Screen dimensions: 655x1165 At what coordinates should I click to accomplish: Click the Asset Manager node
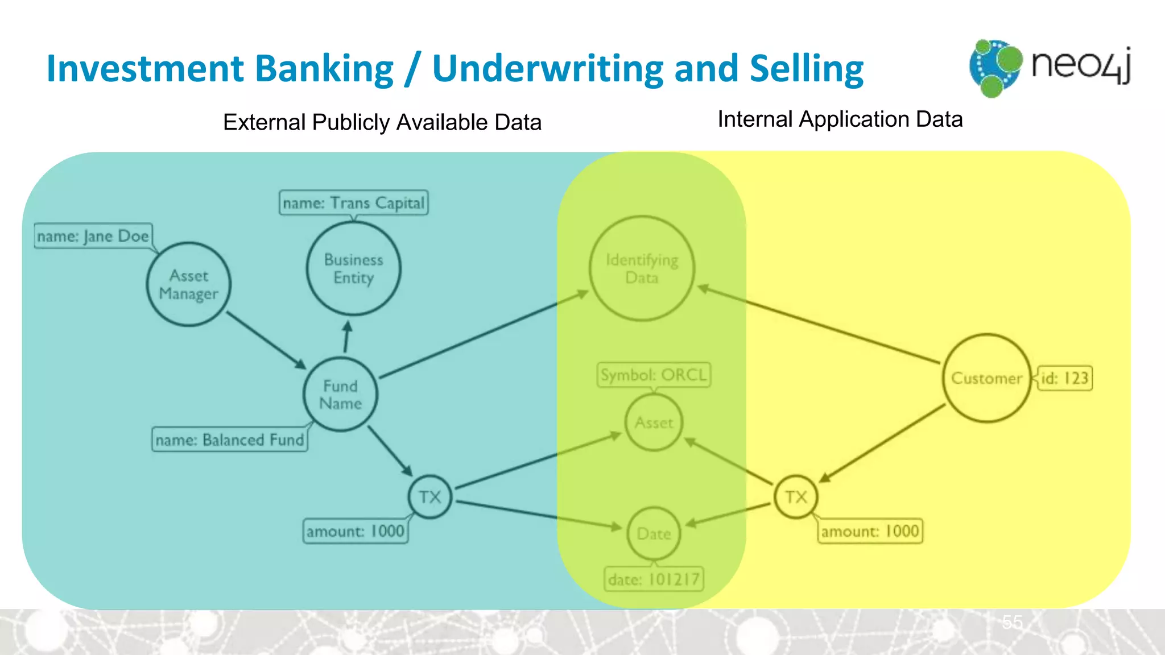coord(189,284)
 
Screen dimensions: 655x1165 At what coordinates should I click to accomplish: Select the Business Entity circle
coord(353,268)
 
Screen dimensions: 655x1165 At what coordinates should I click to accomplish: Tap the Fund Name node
coord(340,394)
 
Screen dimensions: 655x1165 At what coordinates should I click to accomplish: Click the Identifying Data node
coord(642,268)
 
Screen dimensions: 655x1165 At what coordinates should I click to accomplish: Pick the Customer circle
coord(986,378)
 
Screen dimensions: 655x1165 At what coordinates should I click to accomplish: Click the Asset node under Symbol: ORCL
coord(654,422)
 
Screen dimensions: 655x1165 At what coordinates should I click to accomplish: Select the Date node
coord(654,533)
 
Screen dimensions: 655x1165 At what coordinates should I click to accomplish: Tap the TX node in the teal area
coord(430,497)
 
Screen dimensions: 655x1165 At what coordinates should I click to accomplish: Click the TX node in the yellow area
coord(796,497)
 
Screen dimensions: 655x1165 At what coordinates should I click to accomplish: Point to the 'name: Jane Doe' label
coord(93,236)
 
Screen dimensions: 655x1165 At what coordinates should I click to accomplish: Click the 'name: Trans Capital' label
coord(353,203)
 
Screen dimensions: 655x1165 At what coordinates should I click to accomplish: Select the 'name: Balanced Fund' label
coord(230,440)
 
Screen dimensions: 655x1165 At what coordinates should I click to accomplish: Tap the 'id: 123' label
coord(1064,378)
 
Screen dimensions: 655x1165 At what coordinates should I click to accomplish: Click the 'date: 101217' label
coord(654,579)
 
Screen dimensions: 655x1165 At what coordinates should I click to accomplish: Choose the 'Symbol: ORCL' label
coord(654,375)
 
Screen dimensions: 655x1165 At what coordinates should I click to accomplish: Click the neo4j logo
coord(1050,67)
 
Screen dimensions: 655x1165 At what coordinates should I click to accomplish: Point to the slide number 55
coord(1013,622)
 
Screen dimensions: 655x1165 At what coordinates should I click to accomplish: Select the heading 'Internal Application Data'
coord(840,119)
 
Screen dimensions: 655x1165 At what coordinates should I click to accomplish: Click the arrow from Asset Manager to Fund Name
coord(266,339)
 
